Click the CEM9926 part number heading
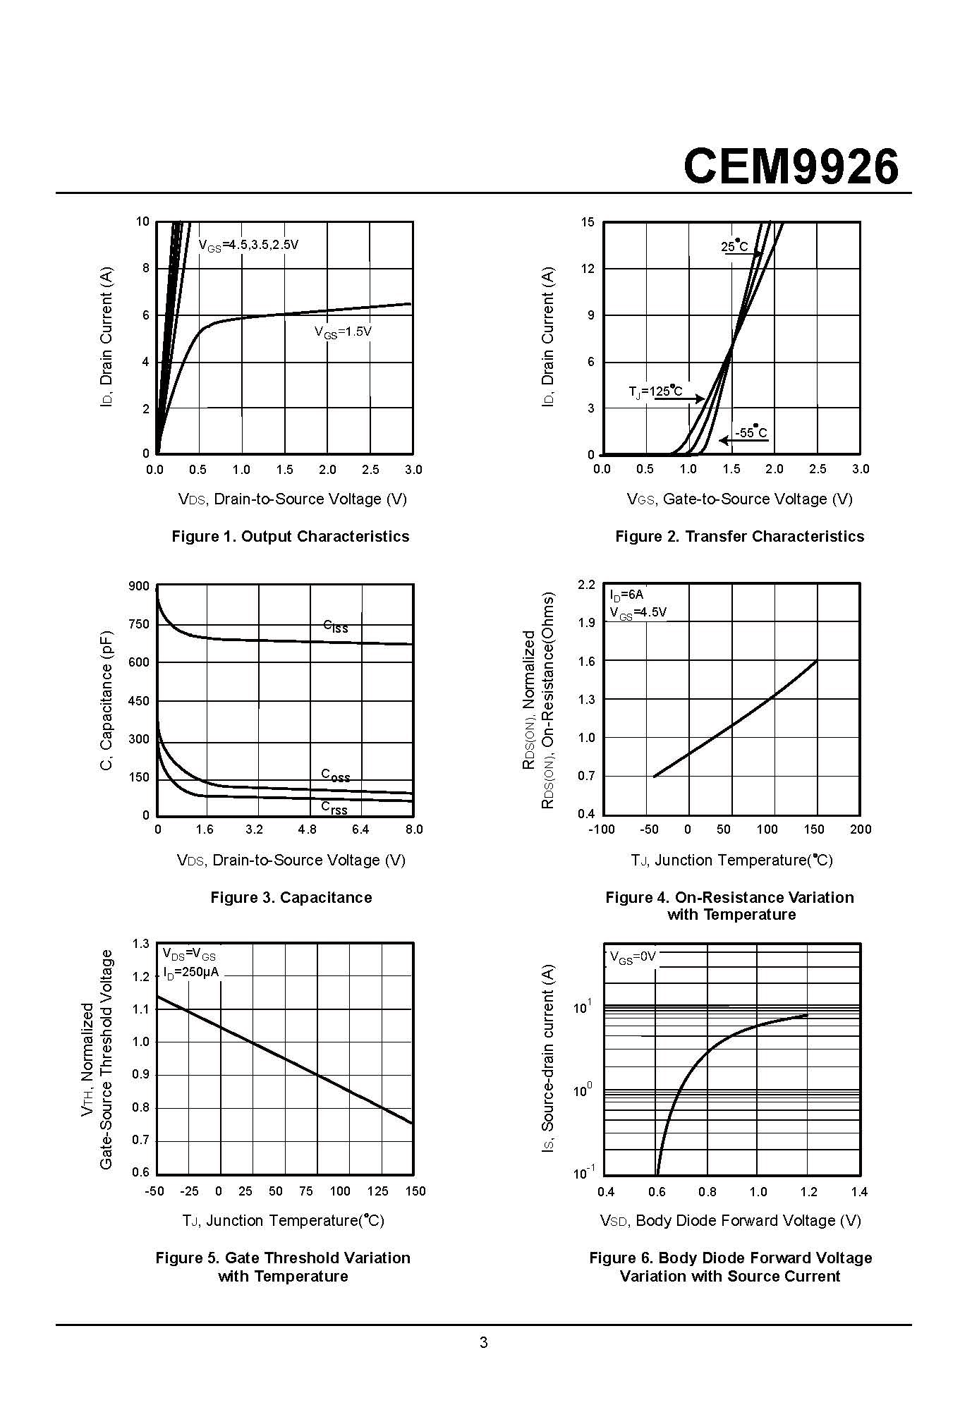(791, 167)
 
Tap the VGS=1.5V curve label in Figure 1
(343, 332)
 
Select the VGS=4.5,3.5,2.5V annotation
(248, 245)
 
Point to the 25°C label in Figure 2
(734, 246)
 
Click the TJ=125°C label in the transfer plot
(655, 391)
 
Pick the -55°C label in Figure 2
(751, 432)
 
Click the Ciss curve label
(336, 626)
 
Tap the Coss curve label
(336, 775)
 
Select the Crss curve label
(334, 808)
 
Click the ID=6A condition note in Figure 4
(626, 595)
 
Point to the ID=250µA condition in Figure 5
(190, 973)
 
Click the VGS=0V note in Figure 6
(633, 957)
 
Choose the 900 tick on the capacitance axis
(139, 586)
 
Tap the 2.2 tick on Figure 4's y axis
(586, 585)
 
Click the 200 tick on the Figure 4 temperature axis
(861, 829)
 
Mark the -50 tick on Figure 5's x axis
(154, 1191)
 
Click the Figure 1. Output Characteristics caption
(291, 536)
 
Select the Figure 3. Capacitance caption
(291, 897)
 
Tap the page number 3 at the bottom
(484, 1342)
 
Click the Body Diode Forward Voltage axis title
(730, 1221)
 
